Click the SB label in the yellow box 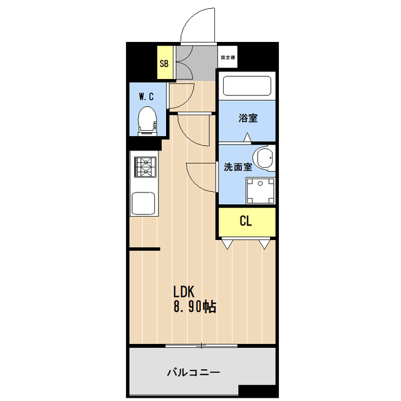[164, 63]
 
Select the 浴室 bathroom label [247, 118]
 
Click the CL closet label [246, 221]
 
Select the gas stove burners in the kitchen [145, 167]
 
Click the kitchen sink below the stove [144, 202]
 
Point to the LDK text [185, 292]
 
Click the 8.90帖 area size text [195, 308]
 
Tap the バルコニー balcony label [193, 372]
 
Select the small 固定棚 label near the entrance [227, 58]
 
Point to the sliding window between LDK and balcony [202, 345]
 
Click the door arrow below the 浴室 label [247, 136]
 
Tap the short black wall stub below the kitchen [145, 249]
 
